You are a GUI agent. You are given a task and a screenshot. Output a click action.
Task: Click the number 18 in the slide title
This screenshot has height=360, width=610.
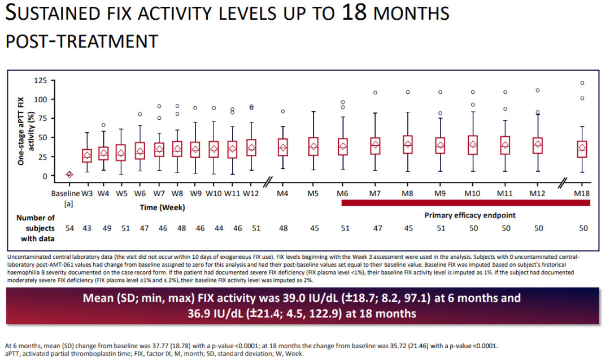coord(354,12)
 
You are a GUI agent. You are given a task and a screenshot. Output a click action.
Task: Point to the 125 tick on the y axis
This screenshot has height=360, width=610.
coord(41,81)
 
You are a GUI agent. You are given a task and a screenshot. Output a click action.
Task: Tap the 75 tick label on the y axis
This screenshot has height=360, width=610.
coord(42,118)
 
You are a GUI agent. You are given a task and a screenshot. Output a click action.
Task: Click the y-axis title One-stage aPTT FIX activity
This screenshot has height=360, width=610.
coord(26,131)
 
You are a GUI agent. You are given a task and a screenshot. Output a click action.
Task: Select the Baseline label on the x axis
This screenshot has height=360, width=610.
coord(66,193)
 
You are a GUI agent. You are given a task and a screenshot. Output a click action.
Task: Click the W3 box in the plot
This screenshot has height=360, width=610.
coord(87,155)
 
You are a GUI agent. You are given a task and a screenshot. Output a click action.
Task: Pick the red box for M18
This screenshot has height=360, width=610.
coord(582,149)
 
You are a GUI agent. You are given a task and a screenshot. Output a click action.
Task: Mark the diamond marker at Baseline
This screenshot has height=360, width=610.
coord(69,175)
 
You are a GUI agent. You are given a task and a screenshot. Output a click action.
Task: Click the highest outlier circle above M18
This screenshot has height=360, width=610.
coord(582,83)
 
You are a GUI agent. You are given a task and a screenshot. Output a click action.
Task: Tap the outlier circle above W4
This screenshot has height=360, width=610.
coord(103,125)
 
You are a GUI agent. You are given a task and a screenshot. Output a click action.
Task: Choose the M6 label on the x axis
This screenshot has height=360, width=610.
coord(342,193)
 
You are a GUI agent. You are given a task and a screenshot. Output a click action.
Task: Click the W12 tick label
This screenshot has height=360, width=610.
coord(251,193)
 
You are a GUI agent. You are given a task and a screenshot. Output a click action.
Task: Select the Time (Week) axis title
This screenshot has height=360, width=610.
coord(162,207)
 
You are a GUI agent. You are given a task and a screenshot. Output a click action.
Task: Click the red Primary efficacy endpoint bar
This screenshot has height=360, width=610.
coord(465,203)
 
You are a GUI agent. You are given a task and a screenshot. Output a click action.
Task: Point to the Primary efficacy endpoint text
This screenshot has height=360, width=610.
coord(469,215)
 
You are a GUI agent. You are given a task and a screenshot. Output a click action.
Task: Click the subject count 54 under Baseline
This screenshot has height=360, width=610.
coord(69,228)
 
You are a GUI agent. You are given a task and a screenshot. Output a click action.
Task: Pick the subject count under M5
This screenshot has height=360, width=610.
coord(315,228)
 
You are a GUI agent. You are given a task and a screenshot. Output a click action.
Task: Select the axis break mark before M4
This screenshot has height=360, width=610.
coord(268,182)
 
